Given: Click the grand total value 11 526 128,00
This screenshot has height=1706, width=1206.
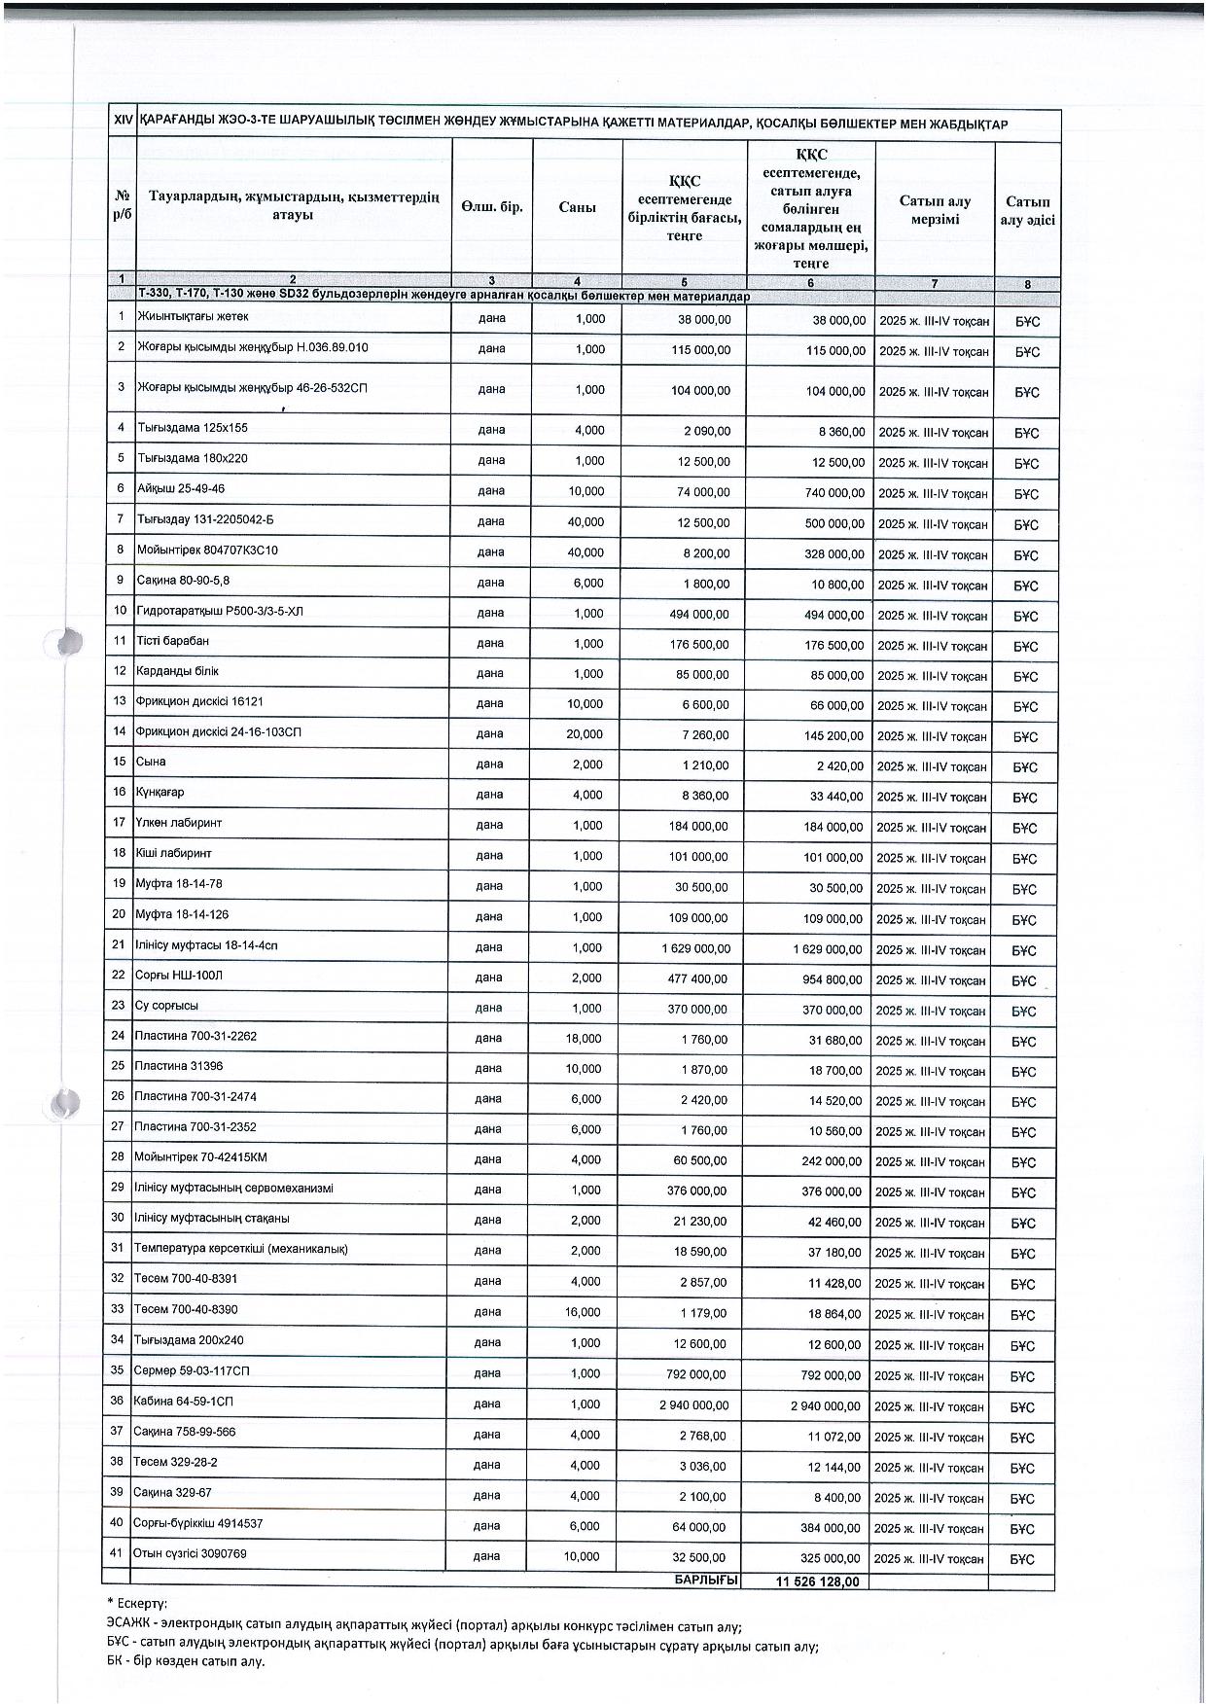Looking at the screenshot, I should pyautogui.click(x=818, y=1582).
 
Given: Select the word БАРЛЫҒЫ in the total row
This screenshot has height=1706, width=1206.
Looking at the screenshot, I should pyautogui.click(x=707, y=1581).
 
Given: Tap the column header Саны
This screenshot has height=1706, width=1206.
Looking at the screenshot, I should pyautogui.click(x=577, y=206).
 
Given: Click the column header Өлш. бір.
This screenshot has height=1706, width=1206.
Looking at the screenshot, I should pyautogui.click(x=492, y=206).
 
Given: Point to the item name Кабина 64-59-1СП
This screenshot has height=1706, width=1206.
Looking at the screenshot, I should pyautogui.click(x=184, y=1402).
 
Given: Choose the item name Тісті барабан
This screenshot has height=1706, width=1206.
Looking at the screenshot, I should pyautogui.click(x=172, y=641).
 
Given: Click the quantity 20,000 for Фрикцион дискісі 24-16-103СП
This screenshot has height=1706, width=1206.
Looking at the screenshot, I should pyautogui.click(x=585, y=734).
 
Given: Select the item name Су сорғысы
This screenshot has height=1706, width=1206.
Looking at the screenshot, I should pyautogui.click(x=167, y=1006).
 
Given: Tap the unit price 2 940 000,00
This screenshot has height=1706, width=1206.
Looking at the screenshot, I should pyautogui.click(x=693, y=1405).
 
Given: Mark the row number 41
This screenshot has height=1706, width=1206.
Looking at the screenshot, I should pyautogui.click(x=117, y=1553).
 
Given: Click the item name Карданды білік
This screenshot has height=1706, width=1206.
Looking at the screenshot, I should pyautogui.click(x=177, y=671).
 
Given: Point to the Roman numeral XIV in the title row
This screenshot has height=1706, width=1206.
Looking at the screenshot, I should pyautogui.click(x=123, y=124).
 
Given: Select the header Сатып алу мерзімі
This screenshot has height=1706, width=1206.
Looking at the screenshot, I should pyautogui.click(x=935, y=210).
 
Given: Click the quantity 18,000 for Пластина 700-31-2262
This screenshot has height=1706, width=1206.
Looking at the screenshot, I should pyautogui.click(x=584, y=1039).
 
